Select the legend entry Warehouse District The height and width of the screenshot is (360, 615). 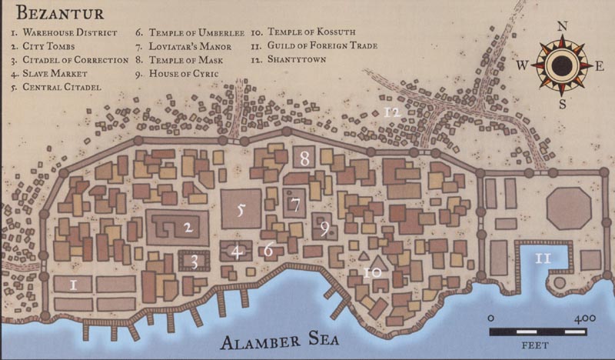pos(65,33)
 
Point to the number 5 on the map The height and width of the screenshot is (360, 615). pos(240,209)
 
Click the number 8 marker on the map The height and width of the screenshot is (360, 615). pos(305,159)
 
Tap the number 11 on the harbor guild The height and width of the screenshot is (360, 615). pos(544,258)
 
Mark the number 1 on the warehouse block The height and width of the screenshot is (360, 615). pos(73,285)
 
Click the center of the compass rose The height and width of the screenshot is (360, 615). pos(563,65)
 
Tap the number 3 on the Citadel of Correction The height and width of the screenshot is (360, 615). pos(194,262)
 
